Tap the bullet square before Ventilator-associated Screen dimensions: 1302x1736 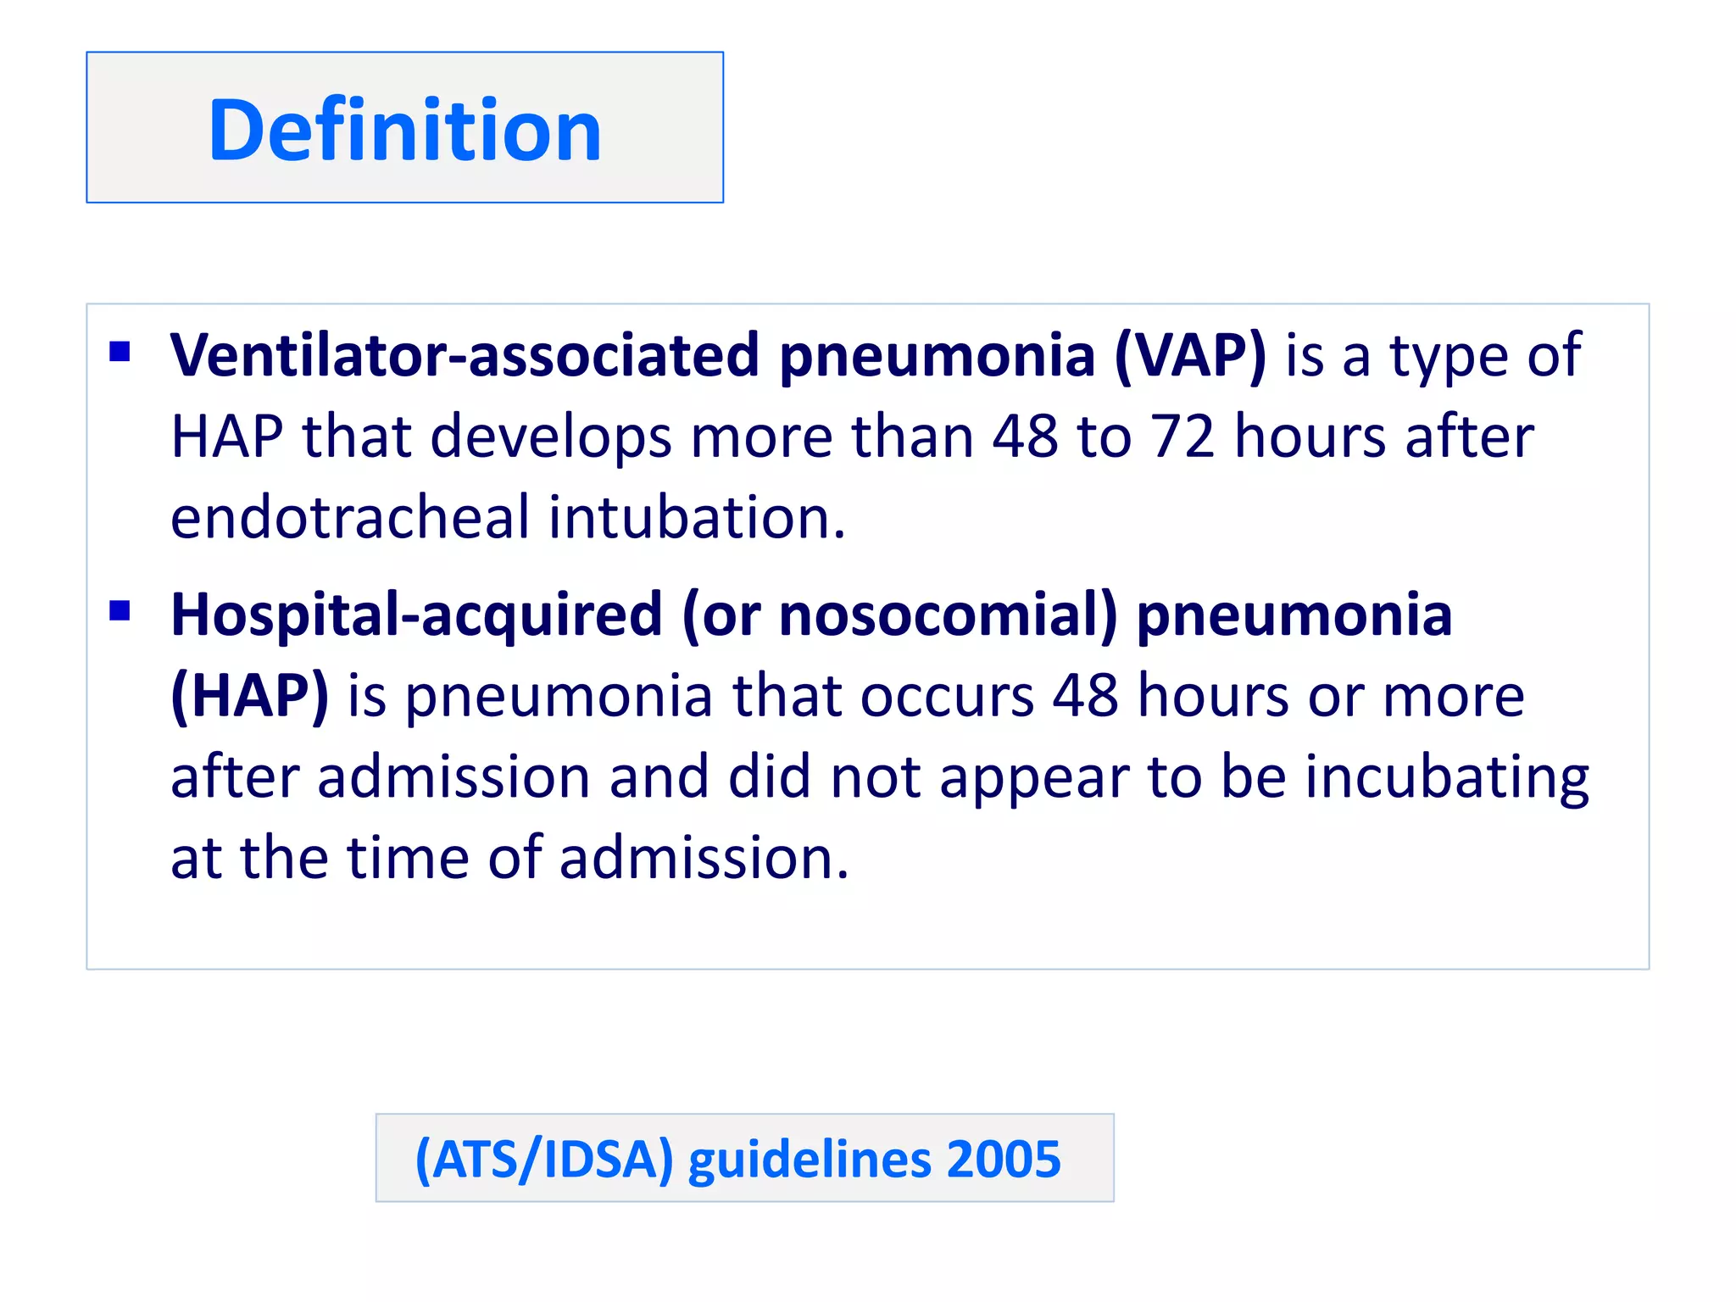[120, 351]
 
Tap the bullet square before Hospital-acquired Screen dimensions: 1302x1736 [120, 610]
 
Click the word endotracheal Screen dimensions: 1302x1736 [349, 517]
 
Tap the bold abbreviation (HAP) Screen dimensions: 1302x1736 [249, 696]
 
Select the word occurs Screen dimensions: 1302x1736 [947, 696]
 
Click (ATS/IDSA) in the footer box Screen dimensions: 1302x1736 [543, 1159]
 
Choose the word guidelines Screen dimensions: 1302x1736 [808, 1159]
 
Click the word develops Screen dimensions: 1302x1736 [551, 437]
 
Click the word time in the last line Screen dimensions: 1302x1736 [409, 858]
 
